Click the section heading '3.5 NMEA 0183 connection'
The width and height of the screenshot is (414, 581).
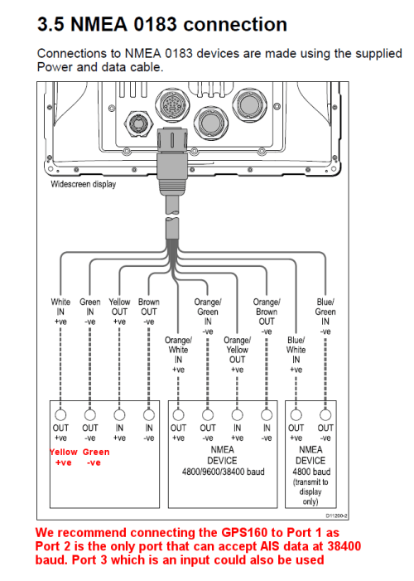(x=163, y=24)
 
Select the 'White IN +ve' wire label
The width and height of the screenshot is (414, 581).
(x=61, y=312)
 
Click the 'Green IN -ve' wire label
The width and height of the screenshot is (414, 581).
(x=90, y=312)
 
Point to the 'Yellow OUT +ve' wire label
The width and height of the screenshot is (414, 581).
(x=120, y=312)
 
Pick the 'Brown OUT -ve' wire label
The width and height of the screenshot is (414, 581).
(x=149, y=312)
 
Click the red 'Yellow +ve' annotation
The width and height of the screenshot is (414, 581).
(x=64, y=458)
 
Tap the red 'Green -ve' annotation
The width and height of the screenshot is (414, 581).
(x=96, y=458)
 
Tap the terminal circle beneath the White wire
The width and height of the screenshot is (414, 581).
(x=61, y=414)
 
